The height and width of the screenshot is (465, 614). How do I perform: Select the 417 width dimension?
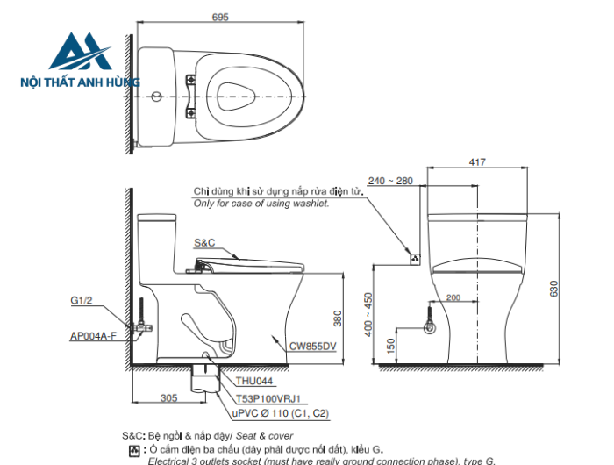(478, 161)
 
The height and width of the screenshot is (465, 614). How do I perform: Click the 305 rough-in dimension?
(169, 397)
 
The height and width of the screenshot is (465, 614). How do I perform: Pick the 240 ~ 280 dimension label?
(390, 181)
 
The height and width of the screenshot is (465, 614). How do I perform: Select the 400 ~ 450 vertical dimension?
(368, 314)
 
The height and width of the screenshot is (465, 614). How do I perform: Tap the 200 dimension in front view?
(453, 298)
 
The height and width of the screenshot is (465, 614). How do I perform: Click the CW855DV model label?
(312, 346)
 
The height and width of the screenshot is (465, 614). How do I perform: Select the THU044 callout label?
(254, 382)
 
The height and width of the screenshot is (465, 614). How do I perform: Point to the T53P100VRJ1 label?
(268, 397)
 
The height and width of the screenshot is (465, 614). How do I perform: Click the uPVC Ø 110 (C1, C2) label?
(281, 412)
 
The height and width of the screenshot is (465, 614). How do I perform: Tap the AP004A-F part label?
(93, 335)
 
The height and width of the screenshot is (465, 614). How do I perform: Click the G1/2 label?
(81, 300)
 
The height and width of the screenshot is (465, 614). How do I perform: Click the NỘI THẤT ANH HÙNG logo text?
(80, 82)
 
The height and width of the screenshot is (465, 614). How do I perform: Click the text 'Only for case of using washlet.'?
(261, 203)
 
